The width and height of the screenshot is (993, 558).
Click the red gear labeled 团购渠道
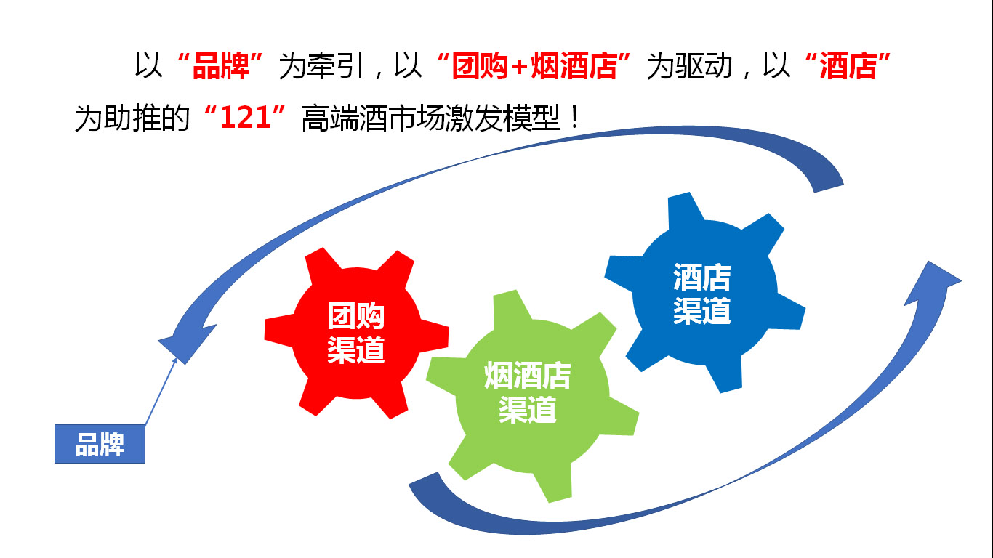356,333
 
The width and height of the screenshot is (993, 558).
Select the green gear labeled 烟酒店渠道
532,396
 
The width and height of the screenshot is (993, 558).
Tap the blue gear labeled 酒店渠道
705,293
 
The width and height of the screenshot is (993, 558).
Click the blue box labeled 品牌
100,444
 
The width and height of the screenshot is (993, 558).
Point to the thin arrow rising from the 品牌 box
161,392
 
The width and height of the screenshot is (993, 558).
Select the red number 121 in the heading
245,118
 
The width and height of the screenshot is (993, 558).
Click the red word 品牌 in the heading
220,67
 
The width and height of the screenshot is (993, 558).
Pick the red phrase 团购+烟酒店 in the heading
534,67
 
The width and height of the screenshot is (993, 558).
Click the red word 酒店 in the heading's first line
848,67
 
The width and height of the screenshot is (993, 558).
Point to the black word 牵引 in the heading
336,67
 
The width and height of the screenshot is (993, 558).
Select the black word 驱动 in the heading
704,67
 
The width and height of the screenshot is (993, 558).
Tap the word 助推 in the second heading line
132,118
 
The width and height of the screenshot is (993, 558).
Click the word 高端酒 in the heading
344,118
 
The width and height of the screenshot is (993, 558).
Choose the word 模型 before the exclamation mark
531,118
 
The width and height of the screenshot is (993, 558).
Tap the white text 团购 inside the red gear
356,315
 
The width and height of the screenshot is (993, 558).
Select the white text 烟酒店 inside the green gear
528,375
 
